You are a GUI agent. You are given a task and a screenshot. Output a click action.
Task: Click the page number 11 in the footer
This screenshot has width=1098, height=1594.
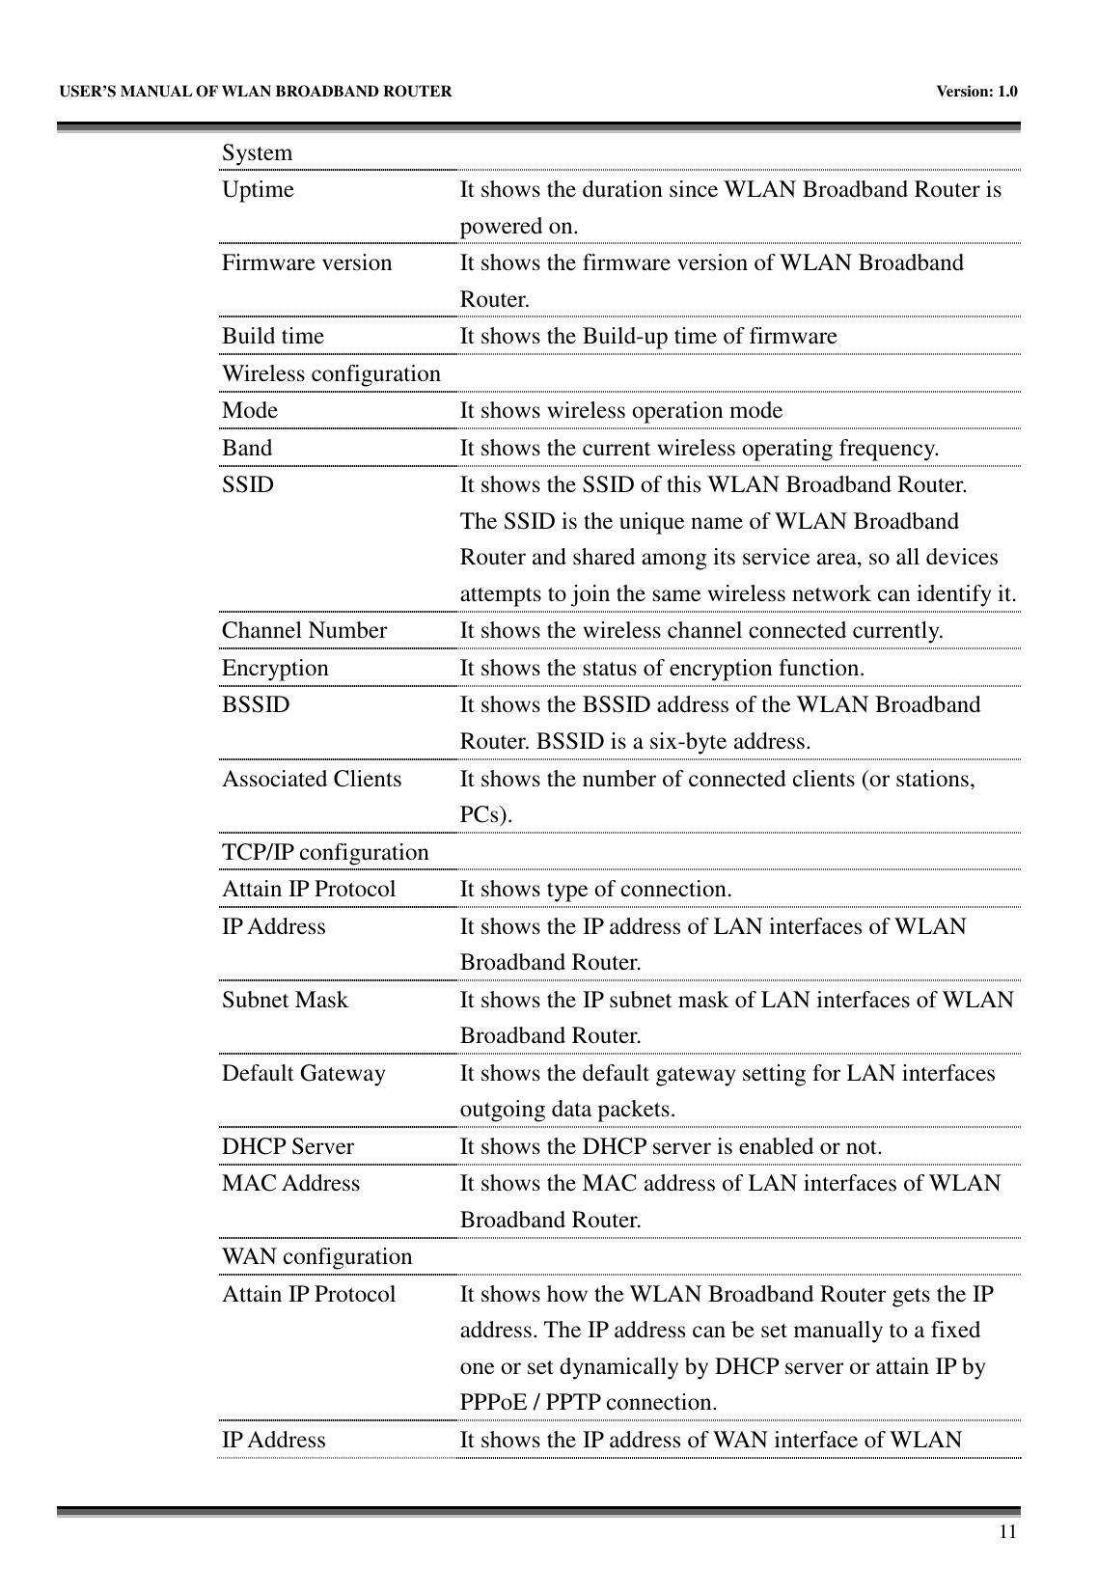[x=1006, y=1531]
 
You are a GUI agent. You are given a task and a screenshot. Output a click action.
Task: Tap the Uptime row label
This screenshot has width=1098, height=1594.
[x=258, y=190]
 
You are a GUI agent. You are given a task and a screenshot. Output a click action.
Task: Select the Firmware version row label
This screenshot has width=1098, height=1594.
[x=307, y=263]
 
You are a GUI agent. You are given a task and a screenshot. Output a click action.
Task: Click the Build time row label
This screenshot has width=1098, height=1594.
[x=273, y=337]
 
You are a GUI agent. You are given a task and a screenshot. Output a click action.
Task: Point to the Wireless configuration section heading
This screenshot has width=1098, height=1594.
[x=331, y=373]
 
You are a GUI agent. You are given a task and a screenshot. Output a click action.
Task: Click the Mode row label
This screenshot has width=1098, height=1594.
[x=250, y=410]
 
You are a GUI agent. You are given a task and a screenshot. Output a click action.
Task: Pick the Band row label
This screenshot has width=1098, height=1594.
[x=247, y=448]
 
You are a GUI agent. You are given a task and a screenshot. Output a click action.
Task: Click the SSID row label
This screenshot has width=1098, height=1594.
[x=248, y=484]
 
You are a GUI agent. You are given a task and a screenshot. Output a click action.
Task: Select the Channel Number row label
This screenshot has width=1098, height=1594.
[x=304, y=631]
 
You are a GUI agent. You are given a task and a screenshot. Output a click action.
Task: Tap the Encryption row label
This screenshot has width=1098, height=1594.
[x=275, y=668]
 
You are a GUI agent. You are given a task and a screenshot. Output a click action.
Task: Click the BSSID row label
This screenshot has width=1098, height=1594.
[x=256, y=704]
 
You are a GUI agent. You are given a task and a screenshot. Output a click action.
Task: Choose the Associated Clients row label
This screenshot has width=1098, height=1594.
[x=312, y=779]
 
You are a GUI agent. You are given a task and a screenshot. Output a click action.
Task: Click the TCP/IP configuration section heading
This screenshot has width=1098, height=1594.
[x=325, y=853]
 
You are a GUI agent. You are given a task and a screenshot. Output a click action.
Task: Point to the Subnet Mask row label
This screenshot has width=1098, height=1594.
[x=285, y=1000]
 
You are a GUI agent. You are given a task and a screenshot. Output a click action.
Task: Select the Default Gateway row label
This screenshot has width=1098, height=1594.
[x=303, y=1073]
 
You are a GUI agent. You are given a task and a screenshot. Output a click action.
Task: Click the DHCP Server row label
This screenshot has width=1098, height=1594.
[x=288, y=1147]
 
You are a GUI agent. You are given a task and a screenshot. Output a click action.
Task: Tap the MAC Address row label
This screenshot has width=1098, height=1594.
[x=290, y=1183]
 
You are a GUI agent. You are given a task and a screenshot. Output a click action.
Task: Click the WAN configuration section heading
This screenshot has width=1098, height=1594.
[x=316, y=1257]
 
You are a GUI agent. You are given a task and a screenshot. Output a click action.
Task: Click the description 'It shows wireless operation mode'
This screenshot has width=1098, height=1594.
[x=620, y=411]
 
